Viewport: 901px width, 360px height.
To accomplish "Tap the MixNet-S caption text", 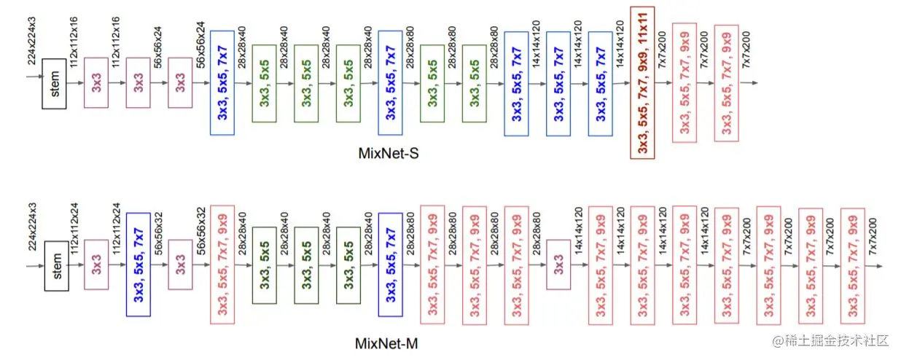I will click(386, 154).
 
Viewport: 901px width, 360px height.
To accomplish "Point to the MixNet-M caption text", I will click(386, 343).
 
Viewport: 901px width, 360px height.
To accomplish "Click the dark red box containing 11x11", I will click(642, 82).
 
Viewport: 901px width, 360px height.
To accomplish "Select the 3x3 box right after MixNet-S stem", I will click(96, 82).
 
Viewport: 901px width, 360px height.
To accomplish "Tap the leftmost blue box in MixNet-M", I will click(139, 265).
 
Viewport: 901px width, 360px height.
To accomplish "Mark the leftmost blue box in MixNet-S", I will click(222, 82).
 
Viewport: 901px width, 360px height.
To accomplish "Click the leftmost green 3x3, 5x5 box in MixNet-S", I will click(264, 82).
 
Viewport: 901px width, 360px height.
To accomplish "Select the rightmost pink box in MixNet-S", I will click(726, 82).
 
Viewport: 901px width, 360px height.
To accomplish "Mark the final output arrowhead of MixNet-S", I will click(754, 82).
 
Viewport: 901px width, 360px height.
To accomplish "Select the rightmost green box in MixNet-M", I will click(348, 265).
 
